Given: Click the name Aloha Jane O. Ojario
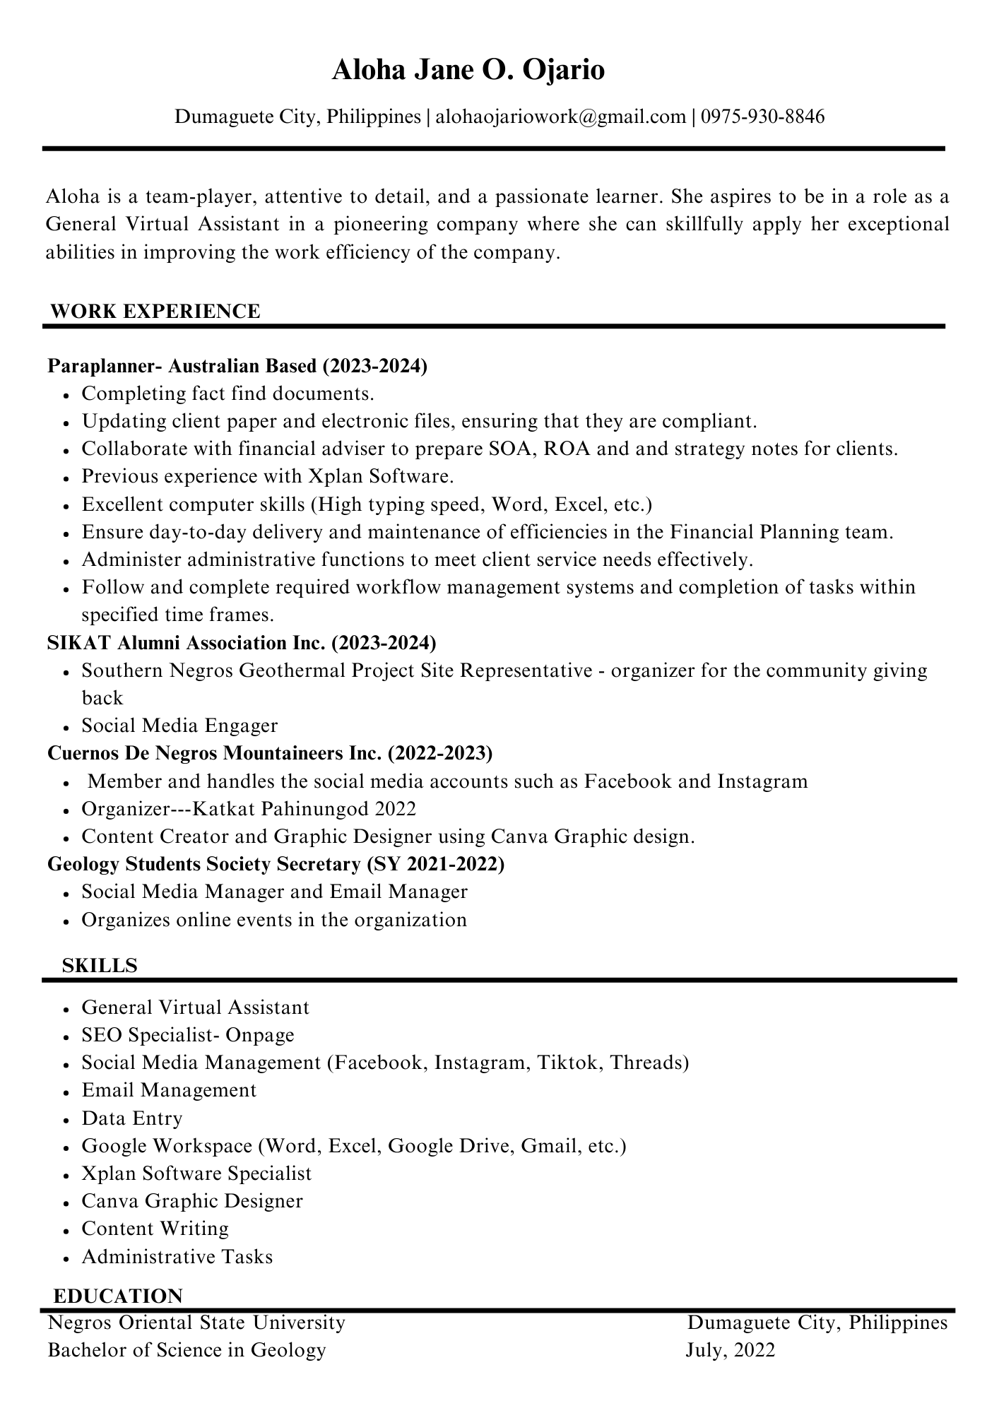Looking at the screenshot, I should pyautogui.click(x=468, y=71).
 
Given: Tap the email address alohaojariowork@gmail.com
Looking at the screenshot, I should pyautogui.click(x=560, y=116).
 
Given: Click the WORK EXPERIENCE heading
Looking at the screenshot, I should pyautogui.click(x=155, y=311).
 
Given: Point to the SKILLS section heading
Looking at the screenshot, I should pyautogui.click(x=100, y=965).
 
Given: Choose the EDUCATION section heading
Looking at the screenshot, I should pyautogui.click(x=118, y=1296).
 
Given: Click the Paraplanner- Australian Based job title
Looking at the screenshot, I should pyautogui.click(x=237, y=366).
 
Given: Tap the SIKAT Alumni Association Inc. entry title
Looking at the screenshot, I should pyautogui.click(x=242, y=642).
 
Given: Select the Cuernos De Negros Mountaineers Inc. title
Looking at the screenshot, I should pyautogui.click(x=270, y=753).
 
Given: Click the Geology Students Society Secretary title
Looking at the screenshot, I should pyautogui.click(x=276, y=864).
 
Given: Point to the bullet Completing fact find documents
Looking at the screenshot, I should pyautogui.click(x=227, y=394).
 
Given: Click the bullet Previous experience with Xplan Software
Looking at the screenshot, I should pyautogui.click(x=267, y=476).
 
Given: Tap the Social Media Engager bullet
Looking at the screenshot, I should pyautogui.click(x=179, y=726).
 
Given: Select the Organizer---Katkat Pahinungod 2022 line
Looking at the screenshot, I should pyautogui.click(x=249, y=808).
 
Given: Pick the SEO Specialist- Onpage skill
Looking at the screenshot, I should pyautogui.click(x=188, y=1035).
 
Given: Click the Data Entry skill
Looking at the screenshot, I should pyautogui.click(x=132, y=1118).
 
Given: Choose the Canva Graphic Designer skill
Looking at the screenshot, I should pyautogui.click(x=192, y=1201).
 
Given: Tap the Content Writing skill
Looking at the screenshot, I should pyautogui.click(x=155, y=1229).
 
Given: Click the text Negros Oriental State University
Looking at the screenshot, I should pyautogui.click(x=196, y=1323).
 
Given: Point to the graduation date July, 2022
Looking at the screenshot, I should pyautogui.click(x=730, y=1350).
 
